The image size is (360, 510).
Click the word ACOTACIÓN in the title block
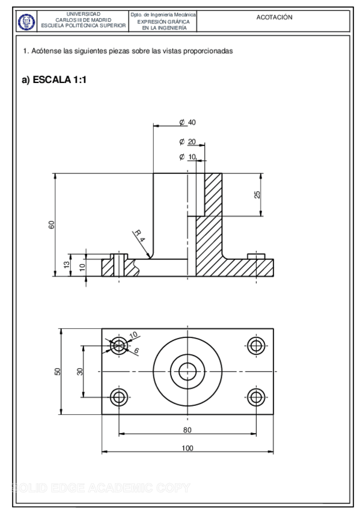point(274,17)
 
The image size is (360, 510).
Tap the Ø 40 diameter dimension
point(188,122)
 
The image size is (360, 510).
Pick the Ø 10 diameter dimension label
point(188,157)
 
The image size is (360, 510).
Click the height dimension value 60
point(52,225)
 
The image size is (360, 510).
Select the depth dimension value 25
point(257,195)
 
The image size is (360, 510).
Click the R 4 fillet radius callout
point(139,235)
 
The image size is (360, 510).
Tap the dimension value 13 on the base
point(67,265)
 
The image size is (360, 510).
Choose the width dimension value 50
point(58,371)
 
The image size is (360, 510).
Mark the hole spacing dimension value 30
point(79,371)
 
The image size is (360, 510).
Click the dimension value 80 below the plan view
point(188,429)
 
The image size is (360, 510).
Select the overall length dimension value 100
point(188,448)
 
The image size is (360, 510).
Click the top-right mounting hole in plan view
point(257,345)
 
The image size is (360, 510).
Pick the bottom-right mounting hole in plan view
point(257,396)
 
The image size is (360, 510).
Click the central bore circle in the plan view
point(188,370)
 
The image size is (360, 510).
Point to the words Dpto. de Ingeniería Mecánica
point(163,13)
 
